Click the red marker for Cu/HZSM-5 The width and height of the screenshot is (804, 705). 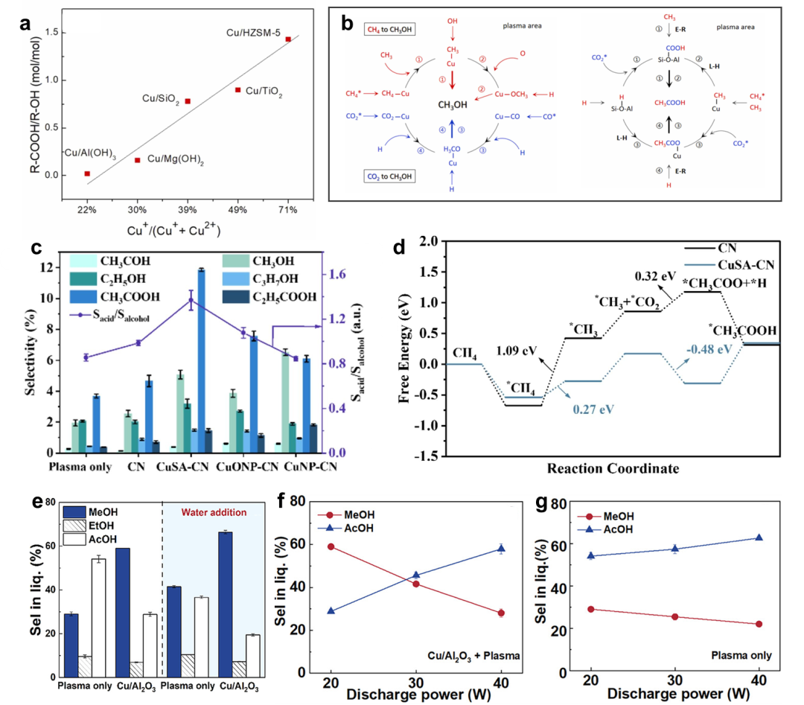click(288, 39)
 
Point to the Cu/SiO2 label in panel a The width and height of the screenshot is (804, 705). click(162, 99)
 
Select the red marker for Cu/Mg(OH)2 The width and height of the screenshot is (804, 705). click(138, 160)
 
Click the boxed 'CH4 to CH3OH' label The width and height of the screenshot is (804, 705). click(390, 29)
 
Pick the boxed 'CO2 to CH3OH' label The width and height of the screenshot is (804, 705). click(390, 176)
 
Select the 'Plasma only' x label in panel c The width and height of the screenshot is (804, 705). click(80, 468)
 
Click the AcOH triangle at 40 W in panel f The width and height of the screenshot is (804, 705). click(501, 549)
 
